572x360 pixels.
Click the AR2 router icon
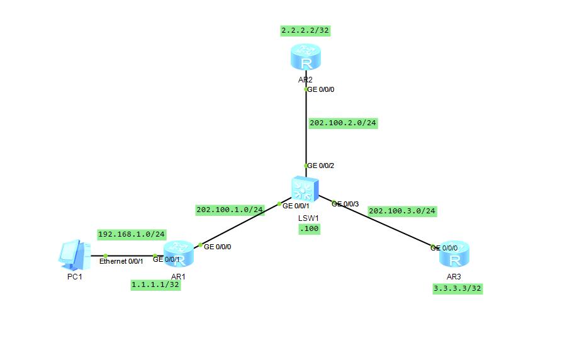click(x=306, y=58)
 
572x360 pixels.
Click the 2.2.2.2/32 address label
click(x=306, y=30)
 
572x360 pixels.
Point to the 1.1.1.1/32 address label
click(x=155, y=285)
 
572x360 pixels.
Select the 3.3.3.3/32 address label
click(x=457, y=288)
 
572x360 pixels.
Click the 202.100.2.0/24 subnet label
click(x=343, y=123)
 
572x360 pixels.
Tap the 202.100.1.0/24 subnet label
click(x=230, y=210)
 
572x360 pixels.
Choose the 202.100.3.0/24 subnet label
click(x=402, y=211)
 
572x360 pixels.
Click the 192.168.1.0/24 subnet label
click(x=132, y=235)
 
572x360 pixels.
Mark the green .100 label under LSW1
click(x=310, y=229)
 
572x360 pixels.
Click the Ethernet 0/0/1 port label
click(x=121, y=261)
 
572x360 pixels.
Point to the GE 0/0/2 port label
click(x=320, y=166)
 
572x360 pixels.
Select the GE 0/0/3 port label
click(x=345, y=204)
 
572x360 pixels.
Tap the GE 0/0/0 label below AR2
click(x=320, y=89)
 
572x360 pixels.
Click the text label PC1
click(x=75, y=277)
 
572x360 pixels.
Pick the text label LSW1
click(x=308, y=218)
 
